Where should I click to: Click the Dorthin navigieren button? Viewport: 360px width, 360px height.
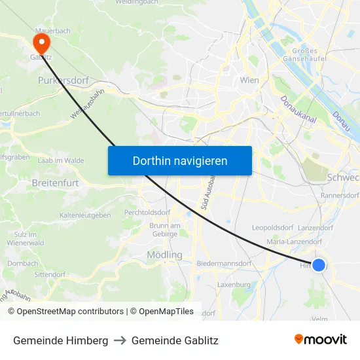pyautogui.click(x=179, y=160)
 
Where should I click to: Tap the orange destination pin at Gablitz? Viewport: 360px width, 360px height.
pyautogui.click(x=41, y=43)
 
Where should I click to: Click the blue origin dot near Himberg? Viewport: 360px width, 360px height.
pyautogui.click(x=318, y=264)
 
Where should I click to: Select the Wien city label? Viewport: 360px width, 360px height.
pyautogui.click(x=249, y=81)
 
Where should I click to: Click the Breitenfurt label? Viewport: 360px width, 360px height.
pyautogui.click(x=55, y=183)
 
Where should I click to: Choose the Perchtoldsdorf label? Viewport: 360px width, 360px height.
pyautogui.click(x=147, y=213)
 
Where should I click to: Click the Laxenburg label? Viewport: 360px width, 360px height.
pyautogui.click(x=234, y=285)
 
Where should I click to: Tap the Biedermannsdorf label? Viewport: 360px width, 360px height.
pyautogui.click(x=224, y=263)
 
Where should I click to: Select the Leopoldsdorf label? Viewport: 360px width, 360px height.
pyautogui.click(x=272, y=228)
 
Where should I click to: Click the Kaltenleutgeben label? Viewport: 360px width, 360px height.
pyautogui.click(x=85, y=215)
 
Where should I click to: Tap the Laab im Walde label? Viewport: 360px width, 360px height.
pyautogui.click(x=61, y=160)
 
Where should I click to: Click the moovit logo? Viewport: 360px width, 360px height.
pyautogui.click(x=320, y=340)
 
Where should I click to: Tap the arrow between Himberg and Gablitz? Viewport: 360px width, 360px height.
pyautogui.click(x=120, y=341)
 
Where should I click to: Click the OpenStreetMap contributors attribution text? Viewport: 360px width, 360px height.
pyautogui.click(x=65, y=312)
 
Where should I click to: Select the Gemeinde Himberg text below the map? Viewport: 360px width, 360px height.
pyautogui.click(x=60, y=341)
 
